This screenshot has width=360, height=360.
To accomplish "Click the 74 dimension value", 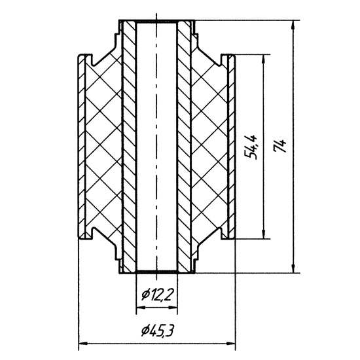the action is point(280,146).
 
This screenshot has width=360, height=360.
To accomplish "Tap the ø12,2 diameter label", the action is point(156,295).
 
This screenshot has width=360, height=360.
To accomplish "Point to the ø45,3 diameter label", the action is point(157,331).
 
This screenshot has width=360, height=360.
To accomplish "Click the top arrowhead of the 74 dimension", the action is point(293,25).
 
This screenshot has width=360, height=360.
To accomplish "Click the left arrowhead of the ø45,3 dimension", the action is point(83,344).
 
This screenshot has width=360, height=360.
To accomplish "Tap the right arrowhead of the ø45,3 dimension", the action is point(231,344).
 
